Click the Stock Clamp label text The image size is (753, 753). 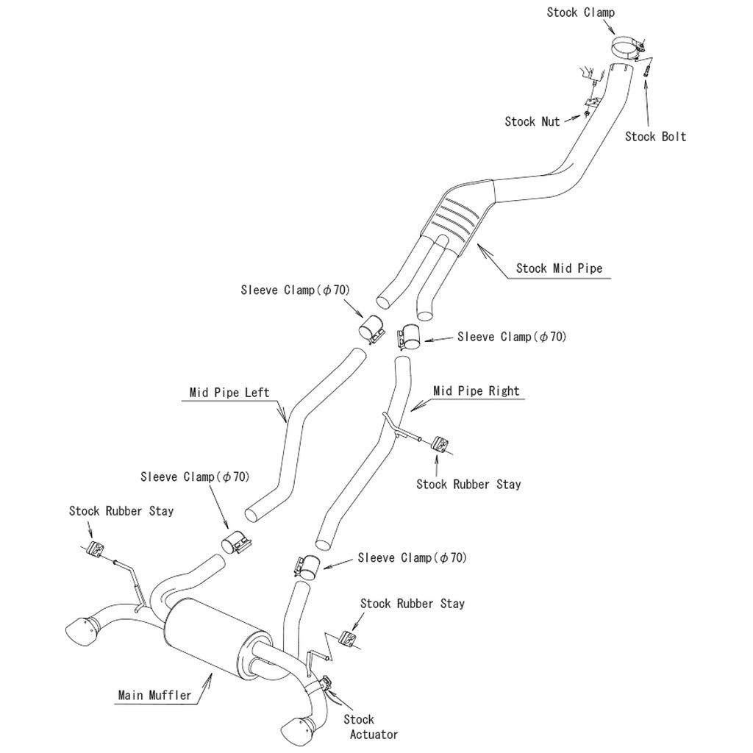click(580, 13)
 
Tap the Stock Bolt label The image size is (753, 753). click(655, 137)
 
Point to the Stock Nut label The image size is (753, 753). click(532, 121)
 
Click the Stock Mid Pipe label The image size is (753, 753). click(559, 268)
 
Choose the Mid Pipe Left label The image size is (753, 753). click(229, 393)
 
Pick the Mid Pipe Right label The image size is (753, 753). click(476, 391)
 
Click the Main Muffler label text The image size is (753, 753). click(154, 694)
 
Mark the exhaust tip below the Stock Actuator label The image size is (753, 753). click(299, 730)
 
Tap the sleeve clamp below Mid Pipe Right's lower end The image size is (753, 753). click(306, 565)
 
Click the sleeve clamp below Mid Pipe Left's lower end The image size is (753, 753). click(236, 545)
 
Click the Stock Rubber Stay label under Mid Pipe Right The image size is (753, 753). click(468, 484)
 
